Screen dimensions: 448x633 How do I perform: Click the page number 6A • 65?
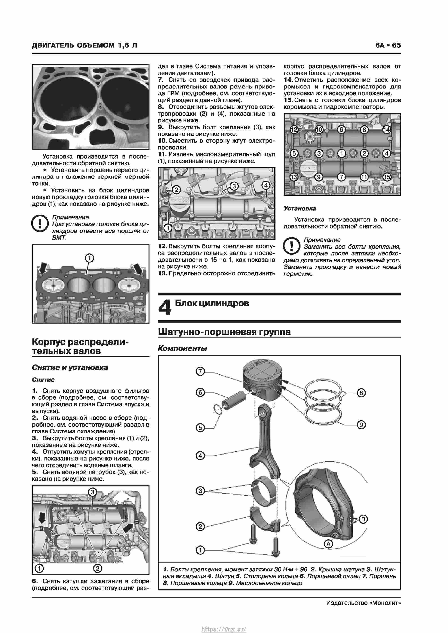388,45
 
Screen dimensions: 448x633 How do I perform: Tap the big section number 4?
165,307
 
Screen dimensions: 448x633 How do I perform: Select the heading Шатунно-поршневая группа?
224,331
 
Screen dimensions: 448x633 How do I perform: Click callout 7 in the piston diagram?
200,371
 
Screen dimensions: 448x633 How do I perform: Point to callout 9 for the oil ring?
361,425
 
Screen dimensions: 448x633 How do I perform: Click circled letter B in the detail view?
363,519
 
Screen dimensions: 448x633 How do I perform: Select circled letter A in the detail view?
328,544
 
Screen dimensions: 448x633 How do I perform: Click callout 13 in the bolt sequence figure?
294,177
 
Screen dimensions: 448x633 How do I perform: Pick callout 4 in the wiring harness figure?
266,185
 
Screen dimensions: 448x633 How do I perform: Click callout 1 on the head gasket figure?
89,258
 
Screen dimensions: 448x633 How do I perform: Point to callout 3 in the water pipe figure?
93,492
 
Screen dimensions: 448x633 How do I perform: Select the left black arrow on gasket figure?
43,267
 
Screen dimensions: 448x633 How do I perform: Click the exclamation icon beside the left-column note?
40,223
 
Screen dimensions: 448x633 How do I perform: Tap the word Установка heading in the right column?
300,208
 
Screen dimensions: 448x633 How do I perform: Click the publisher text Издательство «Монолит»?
363,603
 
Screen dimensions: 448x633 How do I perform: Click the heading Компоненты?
182,348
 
